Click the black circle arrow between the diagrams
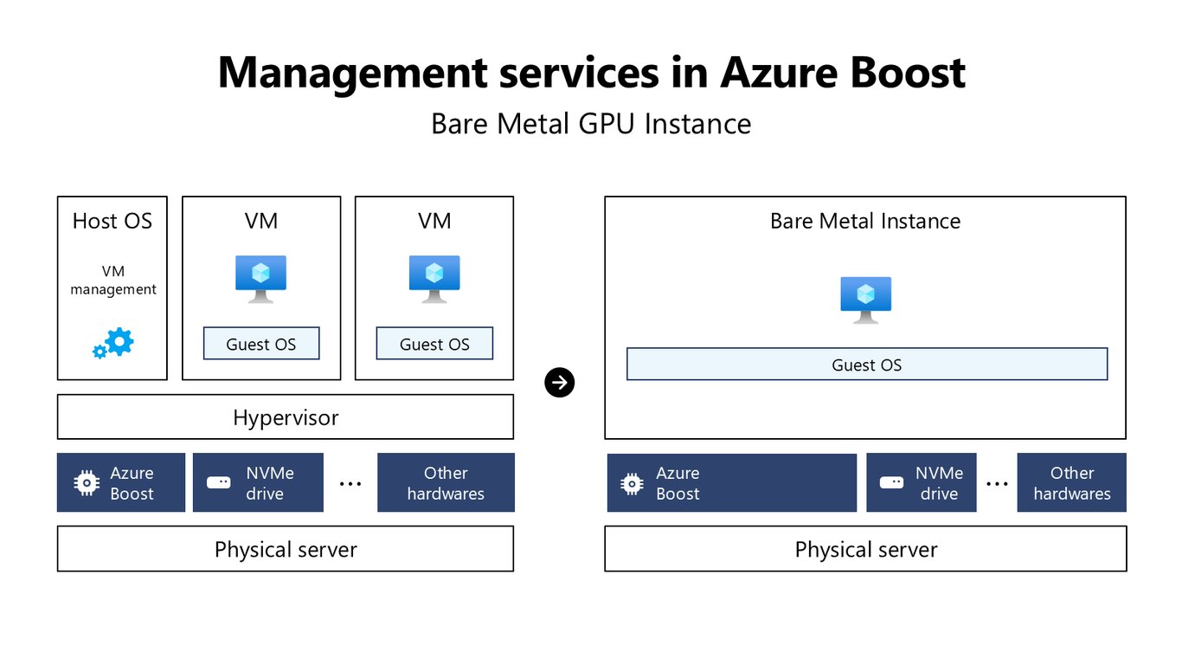[x=559, y=383]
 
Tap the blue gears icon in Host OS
[x=113, y=344]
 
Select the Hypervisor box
[x=286, y=416]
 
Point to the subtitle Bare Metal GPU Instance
[x=591, y=124]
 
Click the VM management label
[x=113, y=280]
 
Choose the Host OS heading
[x=112, y=221]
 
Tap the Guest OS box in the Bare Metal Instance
[x=867, y=364]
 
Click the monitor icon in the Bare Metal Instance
[x=866, y=300]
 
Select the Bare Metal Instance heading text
[x=865, y=221]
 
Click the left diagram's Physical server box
[x=286, y=549]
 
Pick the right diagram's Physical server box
[x=866, y=549]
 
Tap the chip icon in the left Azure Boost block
[x=87, y=483]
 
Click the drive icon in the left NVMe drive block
[x=218, y=483]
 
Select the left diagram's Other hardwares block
[x=446, y=482]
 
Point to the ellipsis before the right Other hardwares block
[x=997, y=484]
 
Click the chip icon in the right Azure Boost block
[x=632, y=483]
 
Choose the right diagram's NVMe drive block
[x=922, y=482]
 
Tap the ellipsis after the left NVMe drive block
[x=350, y=484]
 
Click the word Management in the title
[x=352, y=74]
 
